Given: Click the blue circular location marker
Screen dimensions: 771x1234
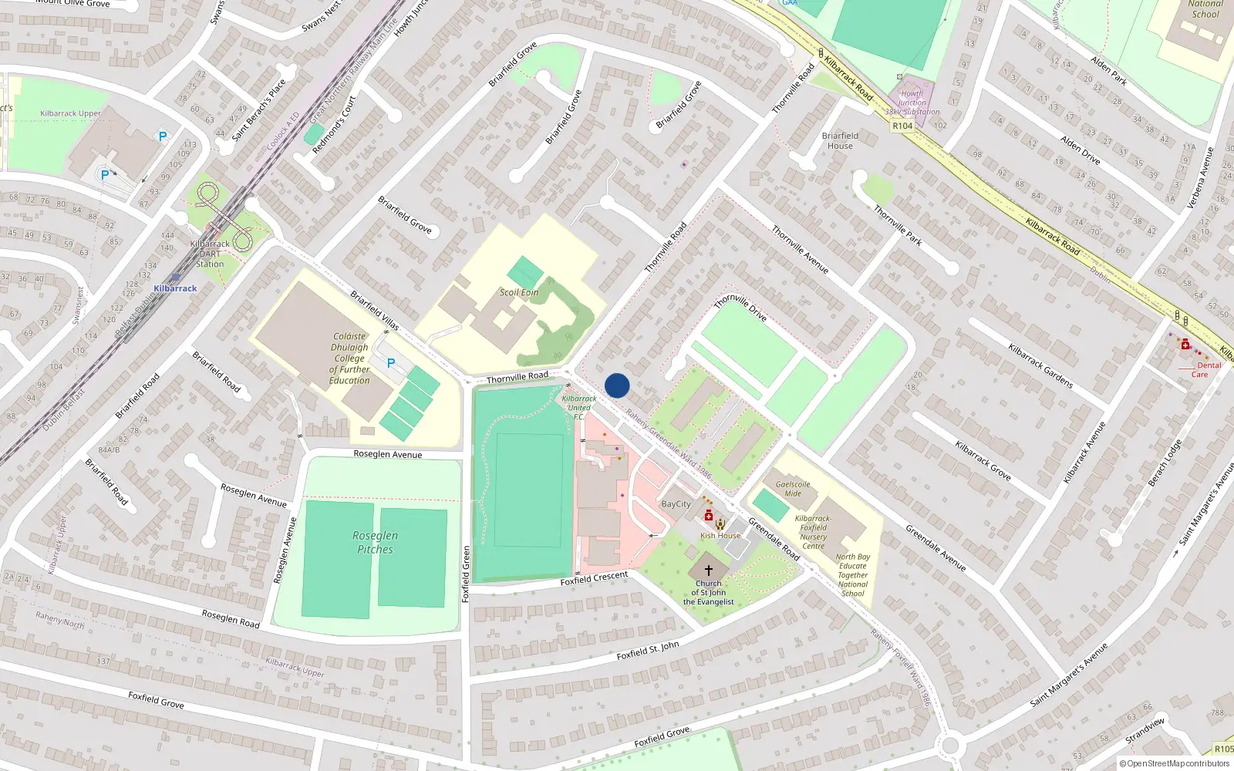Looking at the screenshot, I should [x=617, y=385].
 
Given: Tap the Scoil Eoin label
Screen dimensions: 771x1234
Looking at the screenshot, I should [x=519, y=292].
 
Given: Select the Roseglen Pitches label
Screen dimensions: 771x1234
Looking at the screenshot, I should [x=375, y=542].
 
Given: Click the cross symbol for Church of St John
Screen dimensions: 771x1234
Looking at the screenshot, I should [x=708, y=571].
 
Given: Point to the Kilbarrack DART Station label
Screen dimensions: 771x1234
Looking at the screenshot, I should [x=210, y=254].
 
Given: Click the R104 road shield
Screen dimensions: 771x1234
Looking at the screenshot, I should [x=902, y=126].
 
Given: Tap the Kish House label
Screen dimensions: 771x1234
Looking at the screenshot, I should [x=720, y=535].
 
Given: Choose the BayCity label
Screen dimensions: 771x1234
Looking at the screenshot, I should [x=676, y=504].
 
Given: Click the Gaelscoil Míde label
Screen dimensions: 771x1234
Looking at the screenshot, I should [x=793, y=489].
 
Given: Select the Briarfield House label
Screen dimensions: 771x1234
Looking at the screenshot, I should [x=840, y=140].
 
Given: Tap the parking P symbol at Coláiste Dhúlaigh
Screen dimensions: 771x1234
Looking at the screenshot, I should [x=391, y=363].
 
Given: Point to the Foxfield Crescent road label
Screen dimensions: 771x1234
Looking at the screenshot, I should [x=594, y=577].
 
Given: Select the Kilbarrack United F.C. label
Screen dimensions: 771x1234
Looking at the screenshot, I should [x=579, y=407].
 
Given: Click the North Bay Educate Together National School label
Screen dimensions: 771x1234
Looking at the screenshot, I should [x=852, y=575].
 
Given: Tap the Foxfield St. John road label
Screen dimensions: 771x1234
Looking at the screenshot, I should [x=648, y=650].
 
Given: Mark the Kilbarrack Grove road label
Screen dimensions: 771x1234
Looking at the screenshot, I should [x=983, y=460].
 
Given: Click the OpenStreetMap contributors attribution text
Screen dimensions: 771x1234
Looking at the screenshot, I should [x=1175, y=763].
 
